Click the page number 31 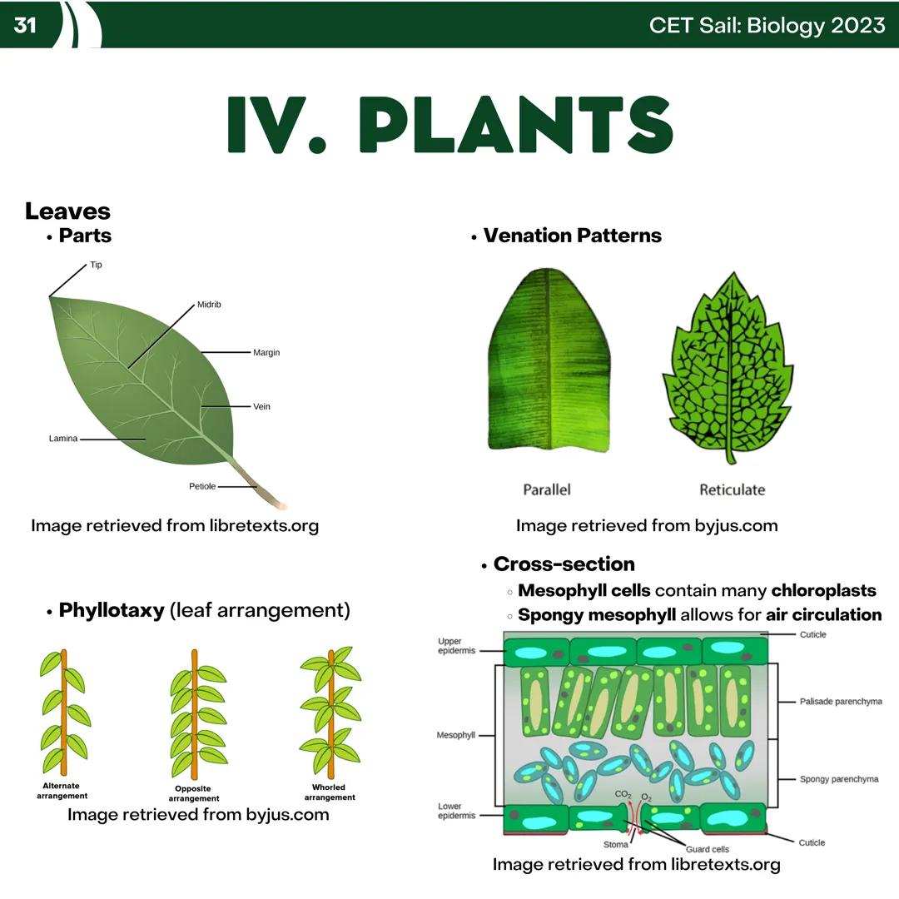(x=25, y=25)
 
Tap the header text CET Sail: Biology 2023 (x=767, y=25)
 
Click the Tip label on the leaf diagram (x=96, y=265)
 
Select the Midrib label (x=209, y=305)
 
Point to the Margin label (x=266, y=353)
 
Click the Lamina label (x=63, y=439)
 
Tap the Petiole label (x=202, y=486)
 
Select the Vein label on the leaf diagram (x=261, y=407)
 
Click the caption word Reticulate (x=732, y=489)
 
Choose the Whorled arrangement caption (x=329, y=792)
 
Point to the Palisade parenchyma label (x=840, y=702)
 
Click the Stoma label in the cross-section (x=616, y=844)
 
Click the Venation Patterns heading (x=572, y=236)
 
